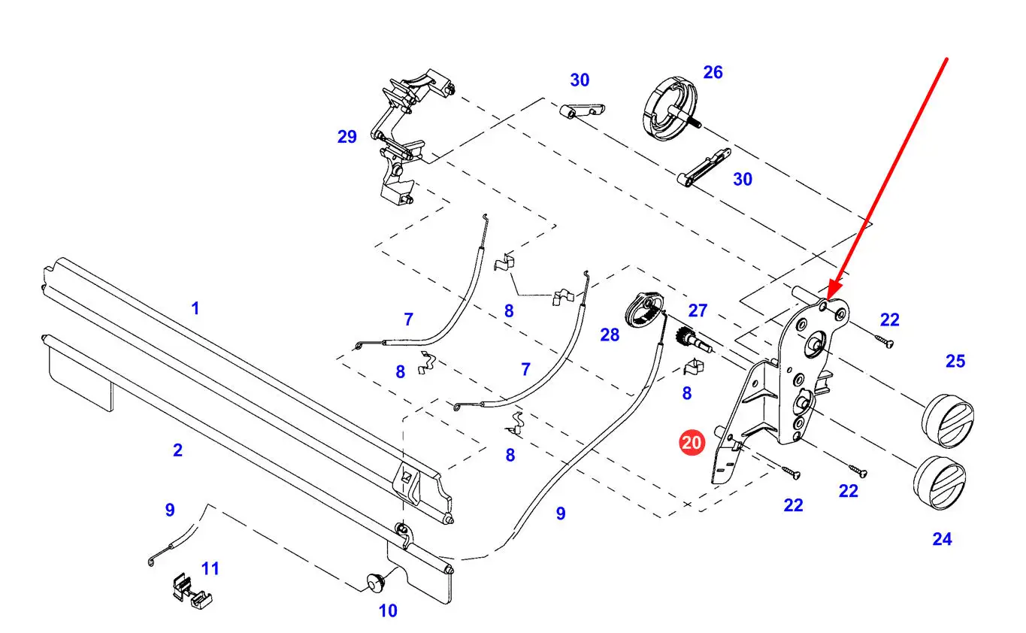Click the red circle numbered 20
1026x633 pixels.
pos(692,443)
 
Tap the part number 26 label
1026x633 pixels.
pos(713,72)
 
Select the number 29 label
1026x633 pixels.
pos(347,137)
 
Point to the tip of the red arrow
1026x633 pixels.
pos(828,300)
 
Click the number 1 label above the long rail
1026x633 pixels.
pos(195,308)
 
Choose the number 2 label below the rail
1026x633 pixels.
pos(177,450)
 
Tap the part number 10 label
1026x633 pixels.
pos(388,610)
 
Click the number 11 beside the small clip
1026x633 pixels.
pos(210,568)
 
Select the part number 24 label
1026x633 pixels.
pos(942,539)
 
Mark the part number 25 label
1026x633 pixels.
pos(955,362)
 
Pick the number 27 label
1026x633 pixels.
pos(698,310)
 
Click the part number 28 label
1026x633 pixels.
pos(610,335)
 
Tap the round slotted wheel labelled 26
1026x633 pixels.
pos(670,109)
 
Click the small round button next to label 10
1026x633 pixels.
pos(375,583)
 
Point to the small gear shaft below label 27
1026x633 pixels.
pos(692,339)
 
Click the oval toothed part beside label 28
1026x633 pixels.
pos(643,311)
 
